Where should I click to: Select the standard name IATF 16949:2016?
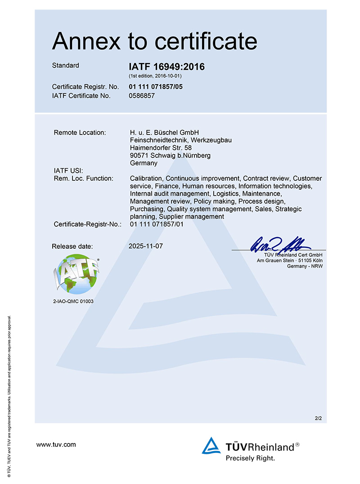coord(166,67)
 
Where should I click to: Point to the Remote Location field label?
coord(80,132)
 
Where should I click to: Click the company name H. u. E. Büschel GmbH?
coord(164,132)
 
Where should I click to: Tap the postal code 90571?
coord(139,155)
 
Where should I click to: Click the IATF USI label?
coord(66,170)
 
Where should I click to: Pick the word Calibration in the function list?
coord(146,178)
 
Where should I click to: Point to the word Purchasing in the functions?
coord(147,209)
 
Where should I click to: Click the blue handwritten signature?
coord(279,243)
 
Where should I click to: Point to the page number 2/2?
coord(318,418)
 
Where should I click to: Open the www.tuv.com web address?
coord(56,444)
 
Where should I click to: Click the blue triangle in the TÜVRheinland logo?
coord(211,446)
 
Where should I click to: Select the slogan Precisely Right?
coord(250,458)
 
